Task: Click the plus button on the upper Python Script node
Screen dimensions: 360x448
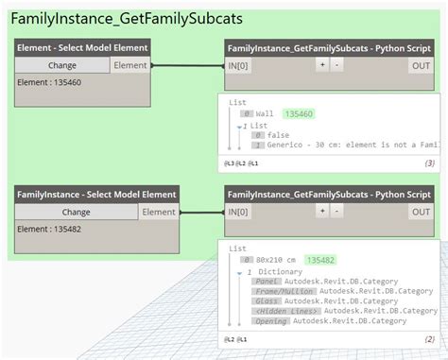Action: (x=321, y=64)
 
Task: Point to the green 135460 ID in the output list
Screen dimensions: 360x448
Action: (x=299, y=114)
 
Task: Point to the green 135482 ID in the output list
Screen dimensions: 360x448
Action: (x=317, y=259)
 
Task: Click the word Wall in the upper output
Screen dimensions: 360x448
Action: (x=265, y=114)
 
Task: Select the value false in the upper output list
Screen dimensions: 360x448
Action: (x=278, y=135)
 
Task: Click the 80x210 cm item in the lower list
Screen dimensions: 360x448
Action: (x=275, y=259)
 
